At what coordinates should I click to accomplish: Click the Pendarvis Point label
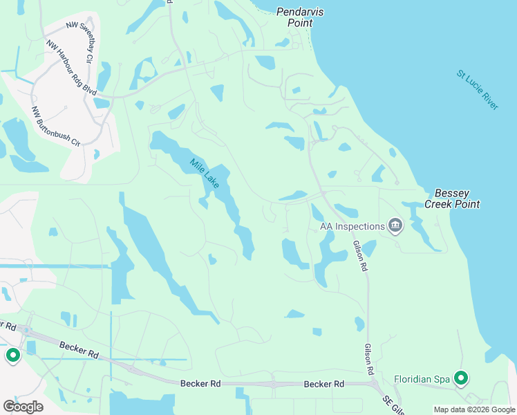300,17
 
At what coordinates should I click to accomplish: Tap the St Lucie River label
477,89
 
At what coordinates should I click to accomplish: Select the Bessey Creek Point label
457,199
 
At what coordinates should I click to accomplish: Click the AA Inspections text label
352,226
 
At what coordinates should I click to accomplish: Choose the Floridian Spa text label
422,379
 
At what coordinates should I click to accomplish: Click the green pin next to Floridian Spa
461,378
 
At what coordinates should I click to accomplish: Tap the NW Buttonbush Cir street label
56,126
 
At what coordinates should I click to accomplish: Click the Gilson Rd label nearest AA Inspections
358,255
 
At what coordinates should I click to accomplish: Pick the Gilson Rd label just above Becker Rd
369,360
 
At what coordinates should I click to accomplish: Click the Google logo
23,407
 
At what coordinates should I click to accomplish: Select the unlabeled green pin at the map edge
12,356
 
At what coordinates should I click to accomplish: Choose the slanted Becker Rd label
79,349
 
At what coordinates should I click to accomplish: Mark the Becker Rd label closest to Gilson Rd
324,384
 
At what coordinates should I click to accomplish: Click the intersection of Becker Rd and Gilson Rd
371,382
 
